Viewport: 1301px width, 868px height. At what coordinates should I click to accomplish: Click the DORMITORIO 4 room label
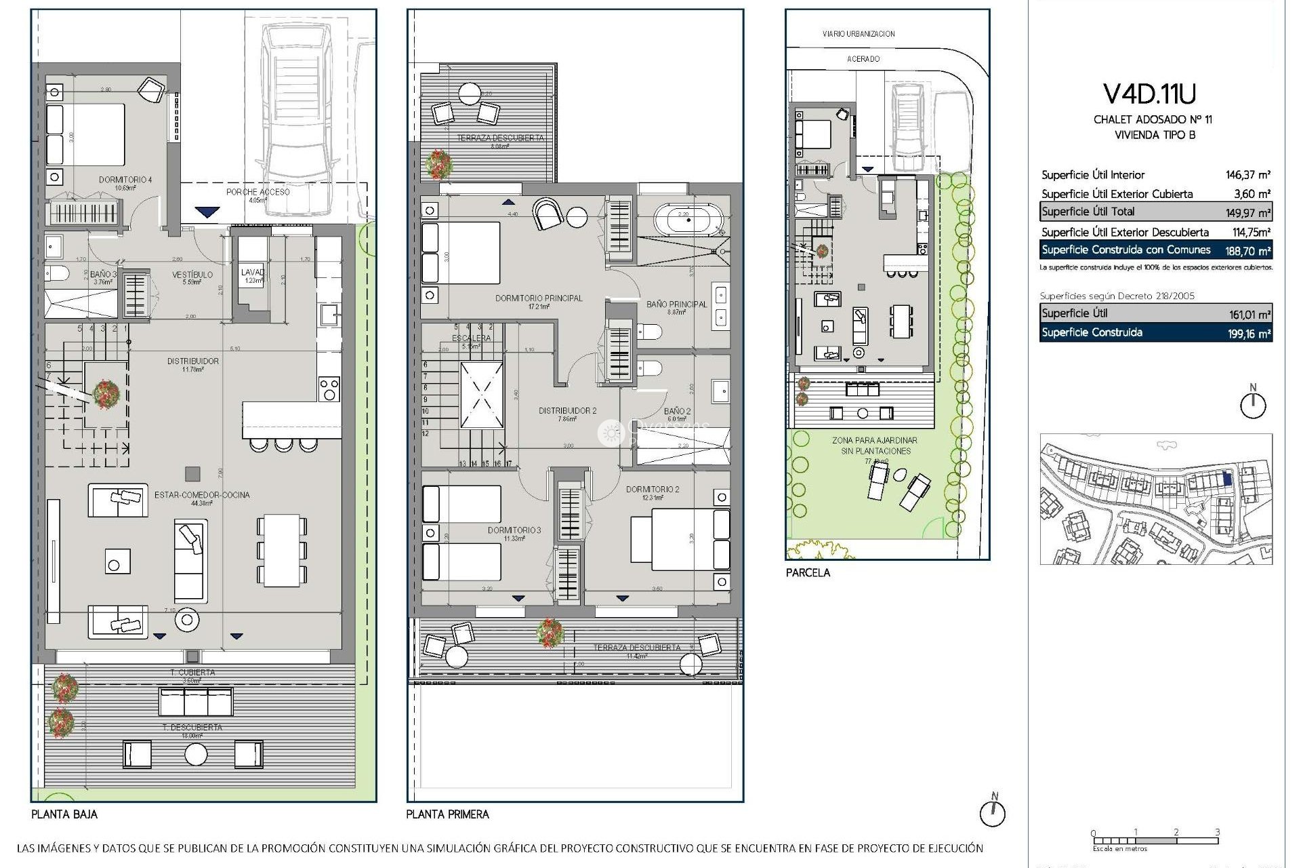tap(125, 180)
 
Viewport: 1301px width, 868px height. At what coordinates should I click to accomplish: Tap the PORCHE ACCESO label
tap(257, 192)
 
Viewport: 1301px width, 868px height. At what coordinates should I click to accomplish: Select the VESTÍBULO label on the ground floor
tap(192, 275)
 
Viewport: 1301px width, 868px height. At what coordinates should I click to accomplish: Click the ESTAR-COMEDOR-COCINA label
tap(202, 495)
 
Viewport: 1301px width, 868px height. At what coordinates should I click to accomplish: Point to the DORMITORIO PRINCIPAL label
tap(539, 298)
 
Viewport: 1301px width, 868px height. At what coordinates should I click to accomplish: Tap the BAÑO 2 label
tap(677, 411)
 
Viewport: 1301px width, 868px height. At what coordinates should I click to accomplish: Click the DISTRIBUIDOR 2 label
tap(567, 410)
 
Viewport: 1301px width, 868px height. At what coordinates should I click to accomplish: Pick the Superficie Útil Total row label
tap(1088, 212)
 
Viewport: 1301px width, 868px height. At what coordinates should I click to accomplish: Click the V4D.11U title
tap(1149, 95)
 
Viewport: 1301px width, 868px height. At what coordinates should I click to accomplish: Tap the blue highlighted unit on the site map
tap(1227, 479)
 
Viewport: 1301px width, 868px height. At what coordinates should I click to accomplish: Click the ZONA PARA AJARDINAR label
tap(875, 441)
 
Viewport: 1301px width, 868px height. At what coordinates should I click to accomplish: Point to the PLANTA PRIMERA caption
tap(447, 814)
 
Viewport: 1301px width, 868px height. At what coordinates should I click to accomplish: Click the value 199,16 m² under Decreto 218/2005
tap(1250, 334)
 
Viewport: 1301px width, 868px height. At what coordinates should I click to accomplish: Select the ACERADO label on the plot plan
tap(863, 59)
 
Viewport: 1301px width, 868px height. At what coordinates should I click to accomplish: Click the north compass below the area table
tap(1252, 404)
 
